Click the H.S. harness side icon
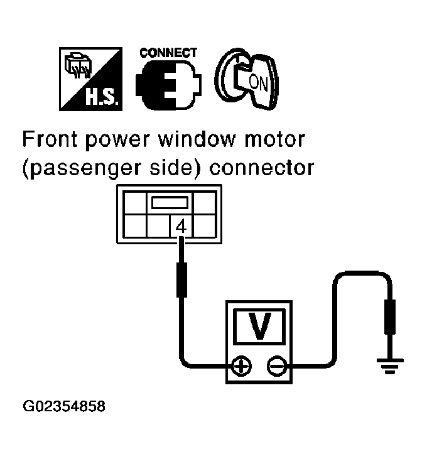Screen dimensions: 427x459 point(90,77)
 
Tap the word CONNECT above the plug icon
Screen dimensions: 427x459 point(168,53)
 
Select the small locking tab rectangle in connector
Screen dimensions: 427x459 point(169,203)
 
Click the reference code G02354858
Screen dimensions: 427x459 point(65,406)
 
